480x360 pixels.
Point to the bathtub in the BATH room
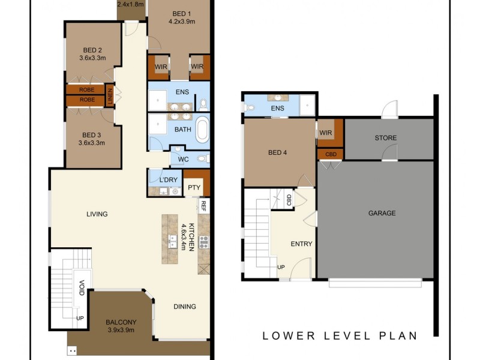coord(203,129)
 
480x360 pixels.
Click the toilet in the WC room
coord(203,159)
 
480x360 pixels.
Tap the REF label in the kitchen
coord(203,206)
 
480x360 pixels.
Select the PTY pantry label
coord(194,187)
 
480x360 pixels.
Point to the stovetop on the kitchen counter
coord(203,242)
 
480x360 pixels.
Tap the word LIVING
coord(97,214)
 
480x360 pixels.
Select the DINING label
coord(185,307)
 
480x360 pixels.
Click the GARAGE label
coord(382,213)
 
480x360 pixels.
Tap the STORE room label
coord(386,138)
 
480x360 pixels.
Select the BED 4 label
coord(277,152)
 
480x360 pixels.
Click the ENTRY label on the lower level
coord(301,244)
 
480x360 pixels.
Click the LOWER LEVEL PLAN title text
coord(339,336)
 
